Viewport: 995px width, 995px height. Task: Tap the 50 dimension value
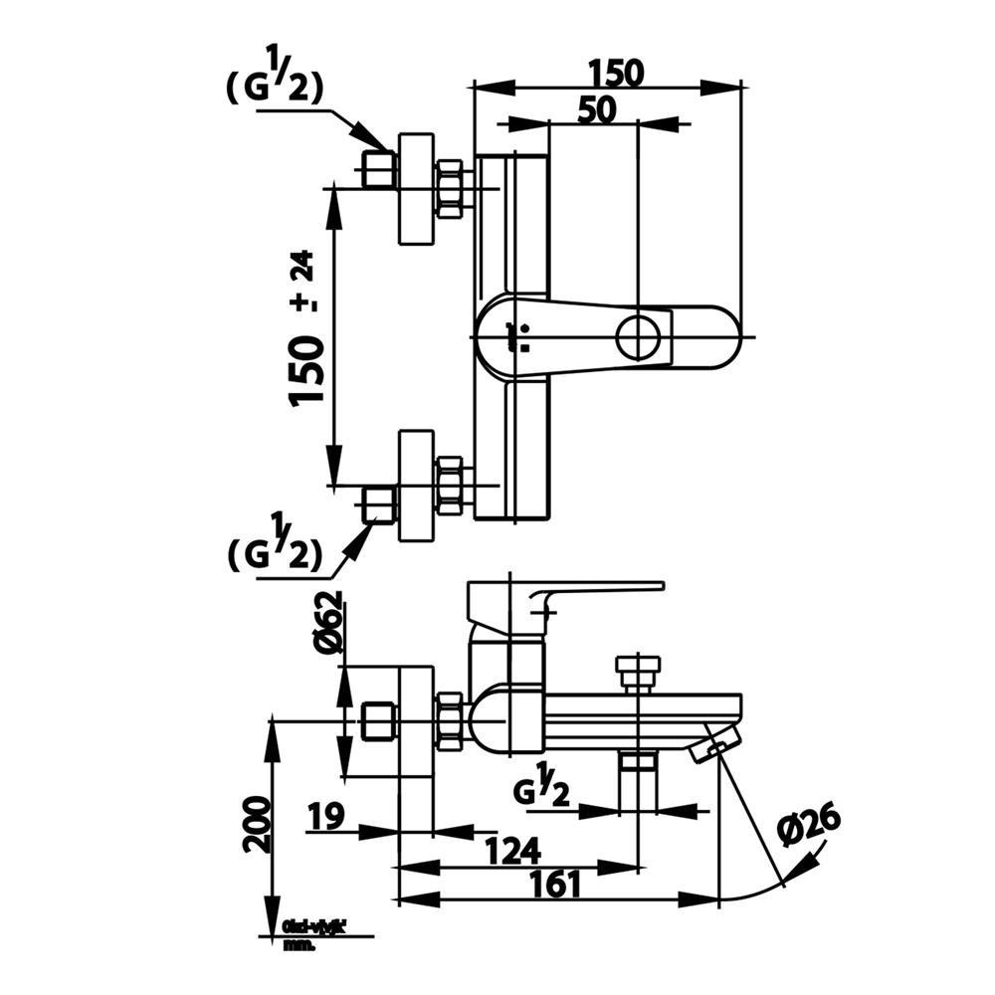(x=593, y=109)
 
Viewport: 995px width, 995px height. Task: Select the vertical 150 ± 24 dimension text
(x=306, y=329)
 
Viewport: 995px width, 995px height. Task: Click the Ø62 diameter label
(x=329, y=622)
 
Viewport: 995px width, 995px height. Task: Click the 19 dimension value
(x=325, y=818)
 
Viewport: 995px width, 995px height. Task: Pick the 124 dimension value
(x=512, y=852)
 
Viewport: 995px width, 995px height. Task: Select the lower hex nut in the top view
(x=451, y=486)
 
